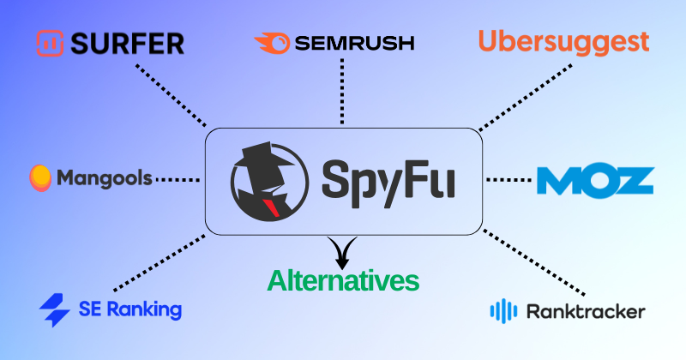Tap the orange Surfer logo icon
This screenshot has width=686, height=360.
50,43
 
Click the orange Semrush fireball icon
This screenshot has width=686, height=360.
271,42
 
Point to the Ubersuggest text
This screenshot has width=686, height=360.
563,40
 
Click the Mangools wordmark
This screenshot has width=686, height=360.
105,178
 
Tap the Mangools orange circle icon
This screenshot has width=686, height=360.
40,177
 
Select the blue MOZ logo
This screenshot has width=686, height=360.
595,180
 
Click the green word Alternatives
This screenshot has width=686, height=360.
343,280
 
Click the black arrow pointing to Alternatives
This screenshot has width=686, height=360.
342,252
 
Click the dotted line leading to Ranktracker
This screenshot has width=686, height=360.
536,262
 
